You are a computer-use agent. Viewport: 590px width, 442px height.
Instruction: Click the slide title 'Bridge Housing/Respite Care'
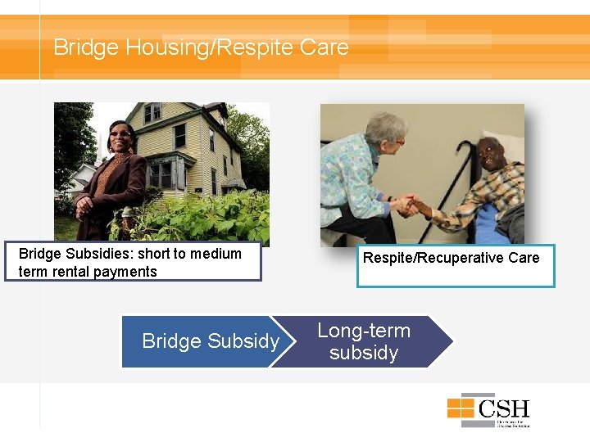point(201,47)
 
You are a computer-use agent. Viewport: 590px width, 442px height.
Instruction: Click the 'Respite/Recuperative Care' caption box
point(455,265)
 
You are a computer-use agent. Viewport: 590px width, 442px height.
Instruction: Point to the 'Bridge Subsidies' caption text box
point(133,263)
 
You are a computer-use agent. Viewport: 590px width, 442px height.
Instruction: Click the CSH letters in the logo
point(503,408)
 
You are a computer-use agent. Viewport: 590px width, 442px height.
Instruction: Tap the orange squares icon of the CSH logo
point(464,408)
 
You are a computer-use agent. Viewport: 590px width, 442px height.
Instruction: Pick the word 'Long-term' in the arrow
point(364,331)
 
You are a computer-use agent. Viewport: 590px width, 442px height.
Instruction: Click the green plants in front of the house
point(205,221)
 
